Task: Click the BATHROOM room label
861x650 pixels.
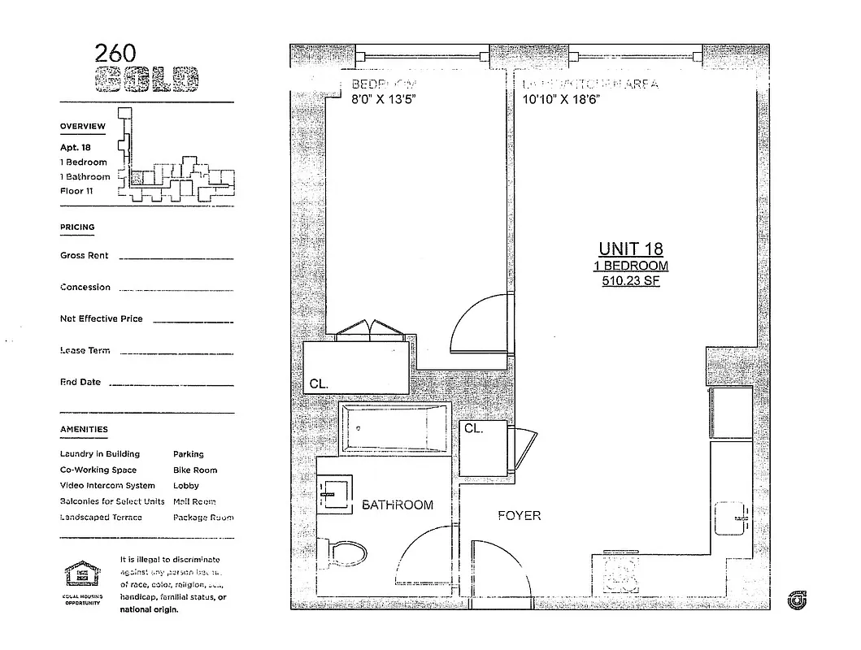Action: tap(398, 505)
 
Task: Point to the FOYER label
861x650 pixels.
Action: tap(519, 516)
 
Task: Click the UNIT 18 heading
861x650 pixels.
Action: tap(630, 249)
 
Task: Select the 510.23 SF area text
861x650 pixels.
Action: tap(630, 281)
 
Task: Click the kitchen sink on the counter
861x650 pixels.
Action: tap(732, 518)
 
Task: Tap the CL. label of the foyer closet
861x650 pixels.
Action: tap(473, 428)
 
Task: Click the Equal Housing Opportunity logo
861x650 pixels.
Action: tap(81, 580)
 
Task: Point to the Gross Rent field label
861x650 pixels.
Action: tap(84, 255)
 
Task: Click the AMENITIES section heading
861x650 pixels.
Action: tap(84, 429)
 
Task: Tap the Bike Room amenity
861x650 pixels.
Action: tap(195, 470)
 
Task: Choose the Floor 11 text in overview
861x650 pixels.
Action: tap(77, 191)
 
